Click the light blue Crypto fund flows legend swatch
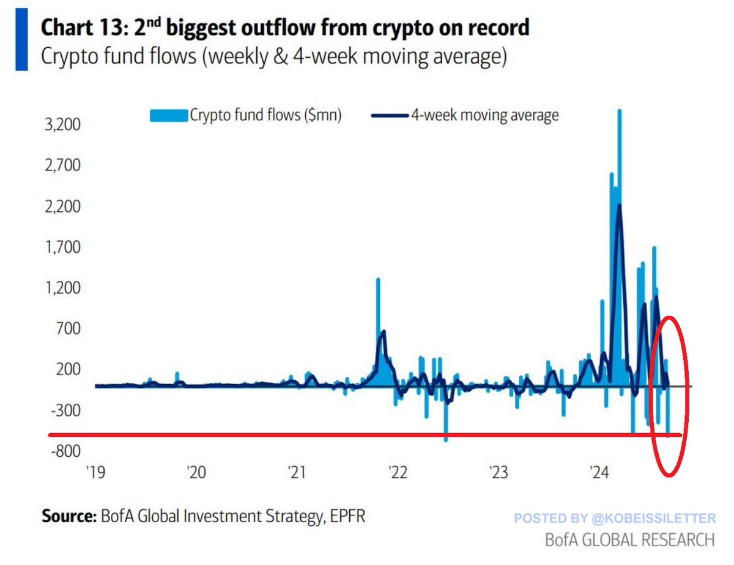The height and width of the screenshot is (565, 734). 168,115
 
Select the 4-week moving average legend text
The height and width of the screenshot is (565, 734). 485,115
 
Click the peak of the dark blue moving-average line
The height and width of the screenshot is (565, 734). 619,206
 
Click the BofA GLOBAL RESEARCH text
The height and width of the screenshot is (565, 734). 629,540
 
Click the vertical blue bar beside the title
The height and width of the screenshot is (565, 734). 22,38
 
